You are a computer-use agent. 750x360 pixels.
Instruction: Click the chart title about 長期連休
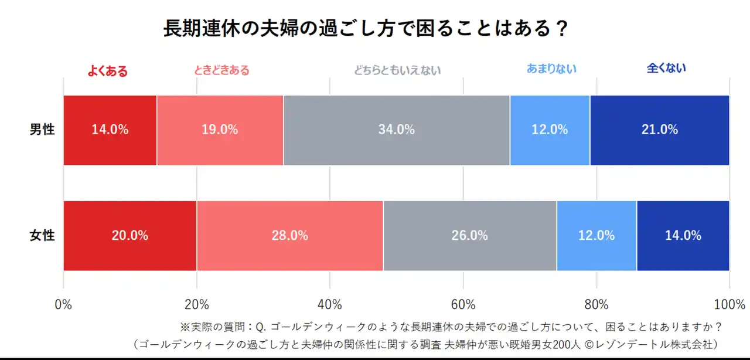tap(366, 29)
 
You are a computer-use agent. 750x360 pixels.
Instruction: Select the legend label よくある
tap(107, 71)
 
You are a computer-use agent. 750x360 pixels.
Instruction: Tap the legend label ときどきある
tap(221, 70)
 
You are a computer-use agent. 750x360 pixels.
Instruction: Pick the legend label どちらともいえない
tap(397, 70)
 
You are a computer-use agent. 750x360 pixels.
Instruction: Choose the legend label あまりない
tap(551, 69)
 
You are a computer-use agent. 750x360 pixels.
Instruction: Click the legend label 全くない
tap(666, 68)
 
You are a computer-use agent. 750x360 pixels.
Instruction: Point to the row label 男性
tap(42, 130)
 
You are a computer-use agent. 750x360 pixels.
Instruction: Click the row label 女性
tap(42, 236)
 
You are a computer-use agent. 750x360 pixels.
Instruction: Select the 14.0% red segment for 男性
tap(110, 130)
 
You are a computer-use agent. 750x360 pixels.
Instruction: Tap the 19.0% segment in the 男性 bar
tap(220, 130)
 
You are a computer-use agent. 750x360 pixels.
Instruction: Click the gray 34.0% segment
tap(397, 130)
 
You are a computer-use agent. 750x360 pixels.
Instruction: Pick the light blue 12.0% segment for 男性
tap(550, 130)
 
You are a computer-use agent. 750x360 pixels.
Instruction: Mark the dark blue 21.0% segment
tap(659, 130)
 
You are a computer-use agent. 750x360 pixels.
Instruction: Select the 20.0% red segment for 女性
tap(130, 236)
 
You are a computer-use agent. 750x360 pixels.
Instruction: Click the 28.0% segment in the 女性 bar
tap(290, 236)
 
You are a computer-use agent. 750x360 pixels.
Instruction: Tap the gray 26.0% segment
tap(470, 236)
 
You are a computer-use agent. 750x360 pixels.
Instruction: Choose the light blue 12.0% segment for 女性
tap(596, 236)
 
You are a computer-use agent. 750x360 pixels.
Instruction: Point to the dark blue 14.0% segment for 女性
tap(683, 236)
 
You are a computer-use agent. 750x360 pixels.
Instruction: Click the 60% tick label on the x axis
tap(463, 305)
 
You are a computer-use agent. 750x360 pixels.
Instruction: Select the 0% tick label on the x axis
tap(63, 305)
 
